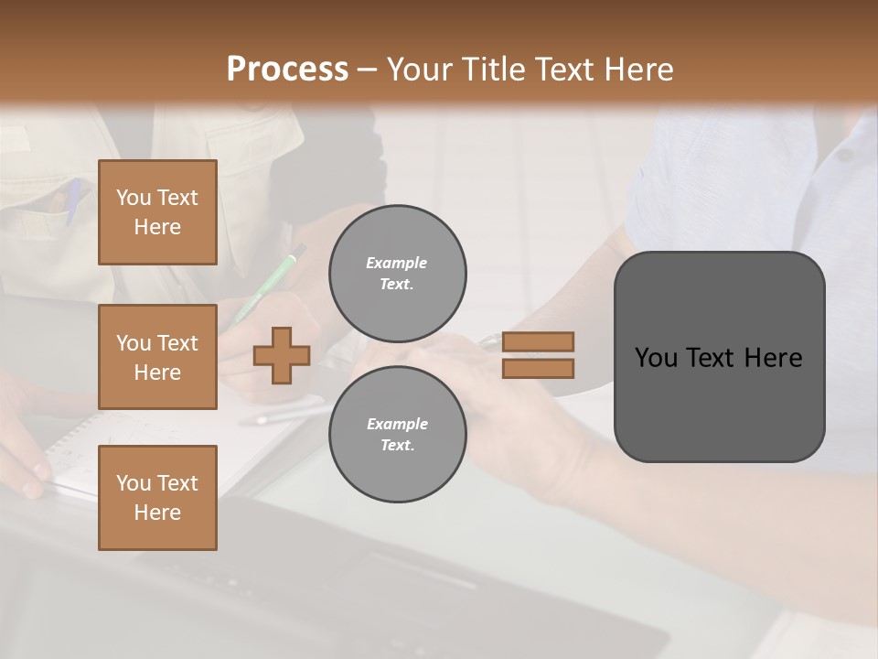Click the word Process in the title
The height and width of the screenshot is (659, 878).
click(287, 69)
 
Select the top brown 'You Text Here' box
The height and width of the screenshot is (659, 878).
click(157, 212)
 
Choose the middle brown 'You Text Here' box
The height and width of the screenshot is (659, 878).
click(157, 357)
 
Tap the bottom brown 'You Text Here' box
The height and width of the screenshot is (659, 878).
click(157, 497)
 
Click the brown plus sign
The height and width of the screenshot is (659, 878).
click(282, 355)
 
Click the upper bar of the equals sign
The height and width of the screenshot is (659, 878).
click(538, 341)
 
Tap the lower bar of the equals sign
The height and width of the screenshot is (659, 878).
click(538, 368)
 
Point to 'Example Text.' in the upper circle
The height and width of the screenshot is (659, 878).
click(397, 274)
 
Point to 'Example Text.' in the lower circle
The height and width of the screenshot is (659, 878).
click(397, 435)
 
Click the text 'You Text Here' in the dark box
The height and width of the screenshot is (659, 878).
click(719, 358)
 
